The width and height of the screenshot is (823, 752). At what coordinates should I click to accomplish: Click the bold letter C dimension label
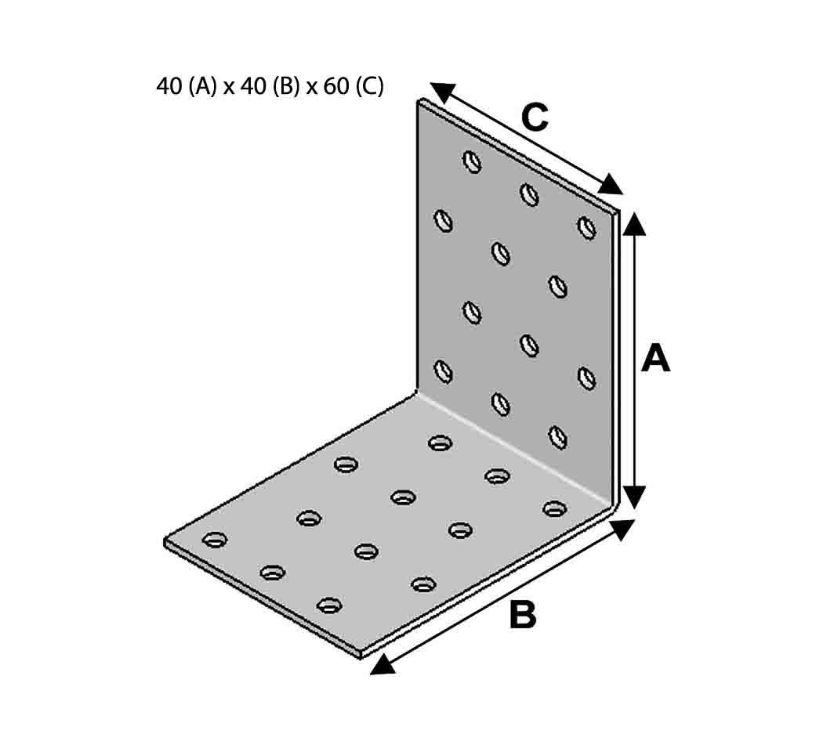pos(535,117)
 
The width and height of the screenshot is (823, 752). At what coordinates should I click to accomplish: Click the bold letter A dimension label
pos(655,359)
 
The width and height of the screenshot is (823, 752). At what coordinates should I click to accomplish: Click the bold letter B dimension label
pos(523,615)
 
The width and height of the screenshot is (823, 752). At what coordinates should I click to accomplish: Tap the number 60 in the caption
pos(336,86)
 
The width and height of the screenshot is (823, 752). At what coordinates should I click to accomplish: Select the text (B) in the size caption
pos(285,86)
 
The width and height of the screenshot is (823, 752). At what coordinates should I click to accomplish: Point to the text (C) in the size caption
pos(369,86)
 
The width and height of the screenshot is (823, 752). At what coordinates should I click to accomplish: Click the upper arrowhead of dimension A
pos(635,224)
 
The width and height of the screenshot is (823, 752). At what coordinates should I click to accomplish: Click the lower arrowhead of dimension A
pos(635,496)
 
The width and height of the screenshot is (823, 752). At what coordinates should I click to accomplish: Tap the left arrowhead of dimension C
pos(442,92)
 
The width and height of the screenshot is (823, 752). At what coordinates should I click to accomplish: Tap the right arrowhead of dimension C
pos(611,185)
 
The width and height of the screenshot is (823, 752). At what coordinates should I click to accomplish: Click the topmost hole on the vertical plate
pos(473,161)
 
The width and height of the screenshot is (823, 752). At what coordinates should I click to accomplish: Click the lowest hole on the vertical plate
pos(557,437)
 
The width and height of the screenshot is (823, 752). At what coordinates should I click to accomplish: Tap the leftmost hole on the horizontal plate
pos(215,539)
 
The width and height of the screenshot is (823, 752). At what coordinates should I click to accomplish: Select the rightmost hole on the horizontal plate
pos(555,508)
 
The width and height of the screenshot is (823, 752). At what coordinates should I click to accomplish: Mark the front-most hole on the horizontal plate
pos(330,606)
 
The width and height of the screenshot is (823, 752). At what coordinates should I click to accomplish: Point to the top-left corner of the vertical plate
pos(419,99)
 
